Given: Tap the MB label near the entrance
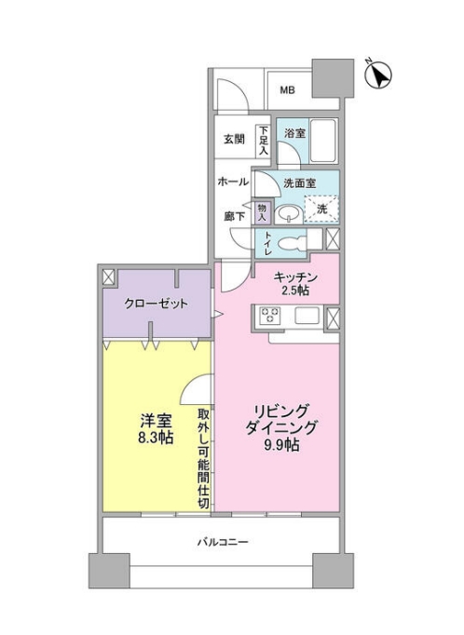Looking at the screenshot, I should click(x=288, y=90).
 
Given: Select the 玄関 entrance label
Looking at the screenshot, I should click(x=233, y=140).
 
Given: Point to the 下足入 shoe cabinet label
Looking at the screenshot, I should click(x=264, y=140).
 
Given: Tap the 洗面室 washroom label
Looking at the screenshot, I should click(x=299, y=183).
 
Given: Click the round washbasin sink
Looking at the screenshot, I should click(x=291, y=213).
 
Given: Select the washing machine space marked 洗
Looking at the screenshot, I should click(x=322, y=209).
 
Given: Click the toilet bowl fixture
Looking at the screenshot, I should click(x=293, y=243).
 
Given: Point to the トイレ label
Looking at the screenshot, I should click(x=267, y=243).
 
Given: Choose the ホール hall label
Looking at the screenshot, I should click(x=232, y=182).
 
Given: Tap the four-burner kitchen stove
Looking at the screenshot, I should click(x=268, y=316).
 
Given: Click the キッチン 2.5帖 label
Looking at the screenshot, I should click(x=296, y=284).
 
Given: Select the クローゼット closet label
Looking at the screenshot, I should click(x=157, y=304).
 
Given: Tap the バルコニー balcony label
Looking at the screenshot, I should click(x=222, y=541).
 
